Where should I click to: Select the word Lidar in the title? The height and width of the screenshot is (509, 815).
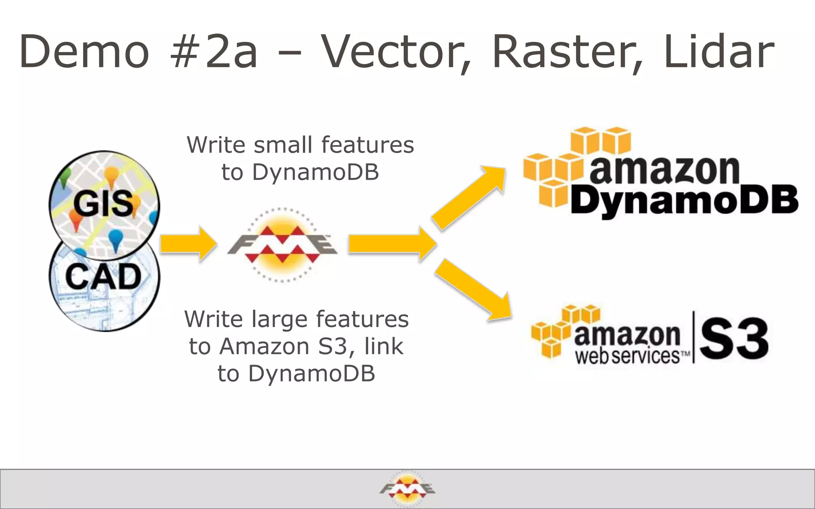(719, 52)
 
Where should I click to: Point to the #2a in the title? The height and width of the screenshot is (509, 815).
(213, 52)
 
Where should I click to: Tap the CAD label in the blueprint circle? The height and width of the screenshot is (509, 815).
(103, 277)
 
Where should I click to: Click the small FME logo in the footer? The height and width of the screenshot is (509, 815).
(407, 488)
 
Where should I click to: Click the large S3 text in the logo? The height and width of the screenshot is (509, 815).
(733, 338)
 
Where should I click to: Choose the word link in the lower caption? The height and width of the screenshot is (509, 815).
(384, 346)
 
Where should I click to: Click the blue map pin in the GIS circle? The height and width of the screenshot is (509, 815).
(115, 239)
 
